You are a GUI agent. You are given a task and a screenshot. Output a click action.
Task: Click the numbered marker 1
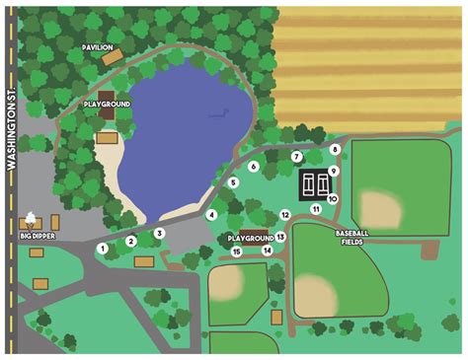pos(102,249)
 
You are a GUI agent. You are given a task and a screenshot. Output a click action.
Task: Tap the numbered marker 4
pos(211,214)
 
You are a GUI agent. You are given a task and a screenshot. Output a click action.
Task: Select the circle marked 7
pos(296,157)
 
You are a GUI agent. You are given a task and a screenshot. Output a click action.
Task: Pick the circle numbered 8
pos(336,150)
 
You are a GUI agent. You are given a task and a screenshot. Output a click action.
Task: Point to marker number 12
pos(284,214)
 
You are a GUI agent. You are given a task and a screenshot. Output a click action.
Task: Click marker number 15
pos(236,252)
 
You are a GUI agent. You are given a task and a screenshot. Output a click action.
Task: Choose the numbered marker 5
pos(233,182)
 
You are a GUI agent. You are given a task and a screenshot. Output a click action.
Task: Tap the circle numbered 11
pos(316,209)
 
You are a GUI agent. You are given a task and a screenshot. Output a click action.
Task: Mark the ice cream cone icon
pos(37,218)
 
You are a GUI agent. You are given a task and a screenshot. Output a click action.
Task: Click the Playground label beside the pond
pos(106,103)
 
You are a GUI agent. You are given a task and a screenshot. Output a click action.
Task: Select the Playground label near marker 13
pos(250,239)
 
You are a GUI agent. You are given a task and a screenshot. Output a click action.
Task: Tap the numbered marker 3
pos(159,234)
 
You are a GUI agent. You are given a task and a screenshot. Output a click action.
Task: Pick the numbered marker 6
pos(254,167)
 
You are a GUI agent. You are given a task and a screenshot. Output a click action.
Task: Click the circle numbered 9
pos(335,171)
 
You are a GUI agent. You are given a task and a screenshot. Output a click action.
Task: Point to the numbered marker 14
pos(267,251)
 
